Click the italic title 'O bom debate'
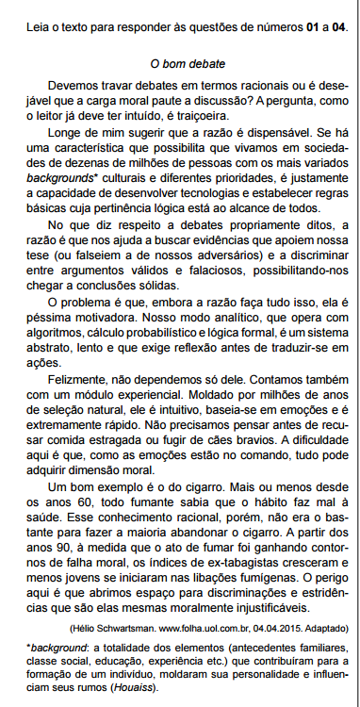188,64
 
